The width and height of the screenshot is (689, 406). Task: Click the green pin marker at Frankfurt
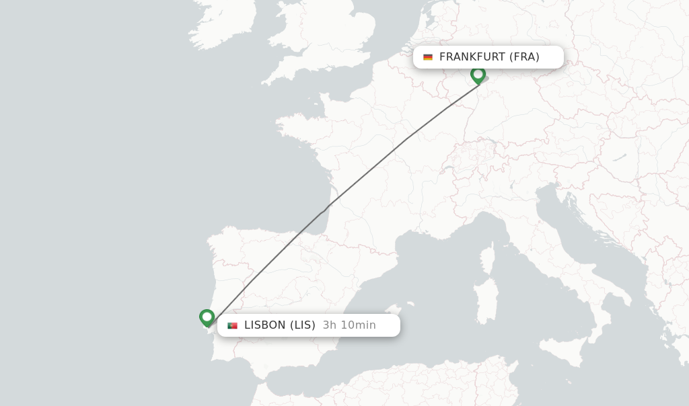pyautogui.click(x=478, y=75)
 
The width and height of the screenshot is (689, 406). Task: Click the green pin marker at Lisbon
pyautogui.click(x=207, y=317)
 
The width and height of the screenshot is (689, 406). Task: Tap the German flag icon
pyautogui.click(x=428, y=57)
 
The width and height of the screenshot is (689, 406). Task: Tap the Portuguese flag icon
pyautogui.click(x=232, y=325)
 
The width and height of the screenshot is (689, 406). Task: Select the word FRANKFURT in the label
pyautogui.click(x=472, y=57)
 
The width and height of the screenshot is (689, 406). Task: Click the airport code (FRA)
pyautogui.click(x=524, y=57)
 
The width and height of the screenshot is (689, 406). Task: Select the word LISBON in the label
pyautogui.click(x=265, y=325)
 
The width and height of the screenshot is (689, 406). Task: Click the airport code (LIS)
pyautogui.click(x=303, y=325)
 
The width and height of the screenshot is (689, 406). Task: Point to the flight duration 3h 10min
pyautogui.click(x=349, y=325)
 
